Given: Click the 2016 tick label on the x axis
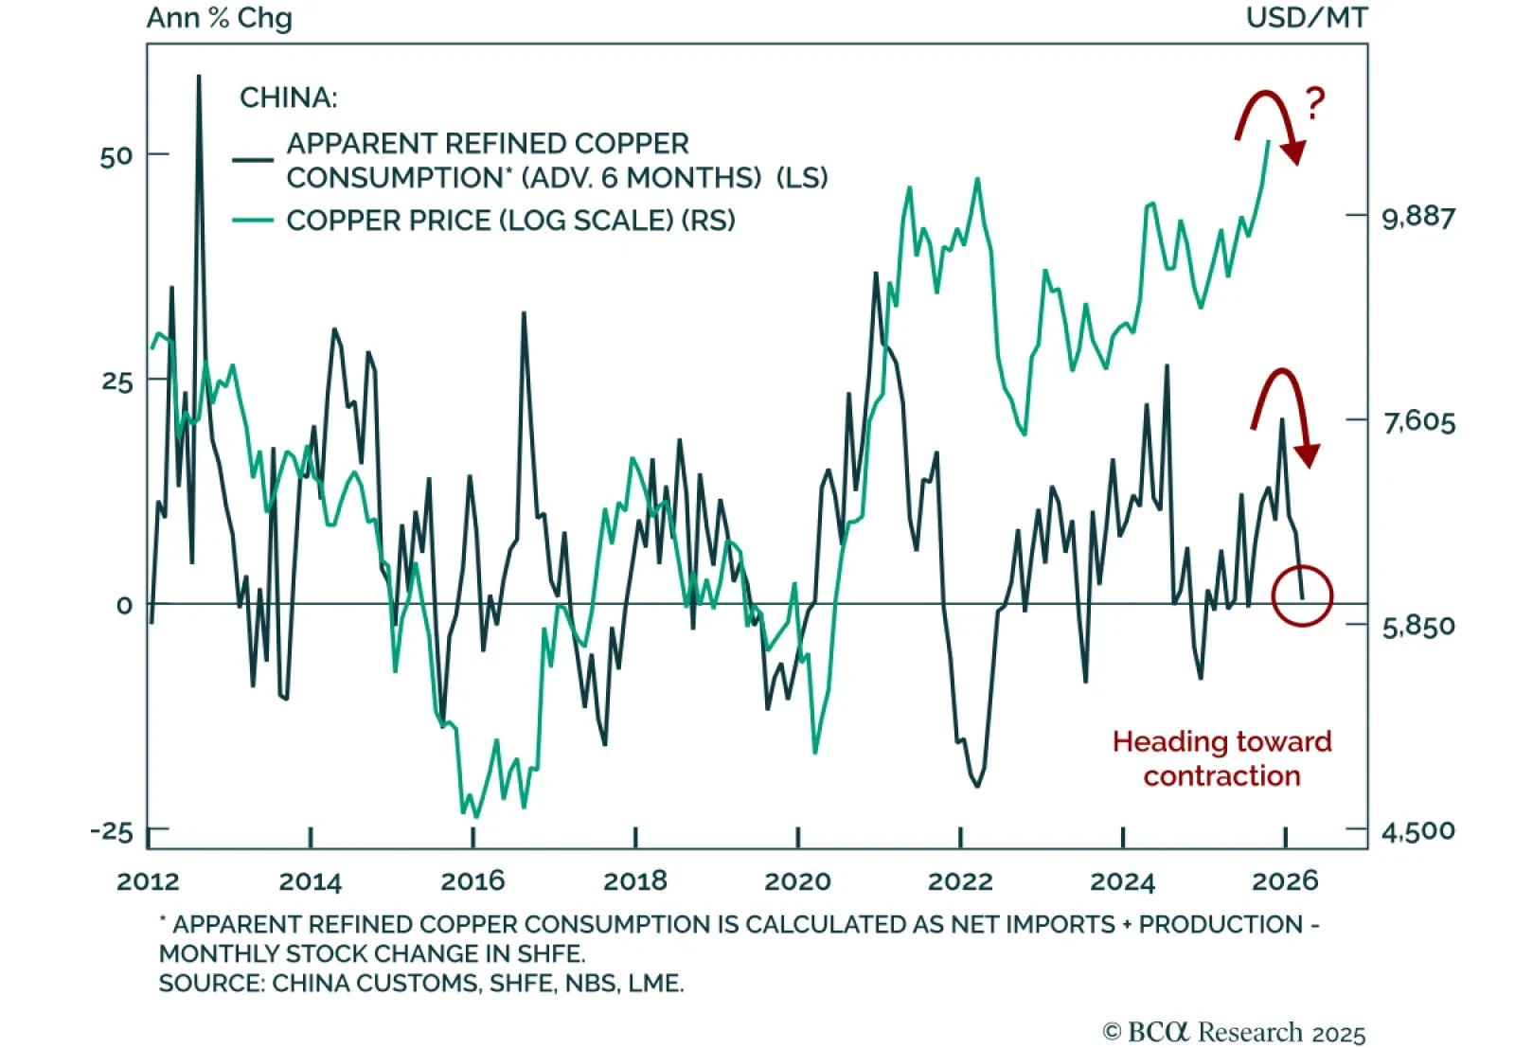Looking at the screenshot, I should tap(472, 881).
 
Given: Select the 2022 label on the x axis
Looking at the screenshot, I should tap(960, 881).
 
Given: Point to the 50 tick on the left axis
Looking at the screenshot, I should tap(116, 156).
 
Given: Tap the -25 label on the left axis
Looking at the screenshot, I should tap(112, 831).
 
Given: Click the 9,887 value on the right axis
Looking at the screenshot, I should tap(1418, 217).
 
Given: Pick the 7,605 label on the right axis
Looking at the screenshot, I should tap(1418, 421).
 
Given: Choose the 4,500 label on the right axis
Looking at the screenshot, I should tap(1418, 831).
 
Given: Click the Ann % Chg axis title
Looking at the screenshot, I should tap(220, 18).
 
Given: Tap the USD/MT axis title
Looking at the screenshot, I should tap(1307, 18).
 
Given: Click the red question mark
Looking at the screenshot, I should tap(1315, 103).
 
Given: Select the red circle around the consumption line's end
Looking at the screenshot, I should tap(1302, 595).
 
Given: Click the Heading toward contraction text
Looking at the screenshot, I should tap(1221, 758).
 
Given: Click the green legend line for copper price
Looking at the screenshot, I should tap(253, 221).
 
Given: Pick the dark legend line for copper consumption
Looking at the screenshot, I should tap(253, 160).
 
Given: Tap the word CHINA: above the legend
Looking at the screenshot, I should tap(288, 98).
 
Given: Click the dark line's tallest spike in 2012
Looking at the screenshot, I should tap(199, 78).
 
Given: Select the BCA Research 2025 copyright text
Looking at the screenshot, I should tap(1234, 1032).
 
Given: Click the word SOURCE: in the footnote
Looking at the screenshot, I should tap(211, 984).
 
